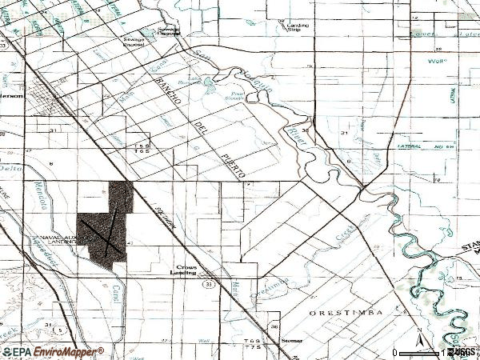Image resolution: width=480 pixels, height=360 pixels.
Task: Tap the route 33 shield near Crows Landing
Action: [x=208, y=283]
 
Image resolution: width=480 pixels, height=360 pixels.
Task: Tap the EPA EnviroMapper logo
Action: [x=52, y=351]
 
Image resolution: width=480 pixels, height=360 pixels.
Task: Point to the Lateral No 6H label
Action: [x=424, y=147]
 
